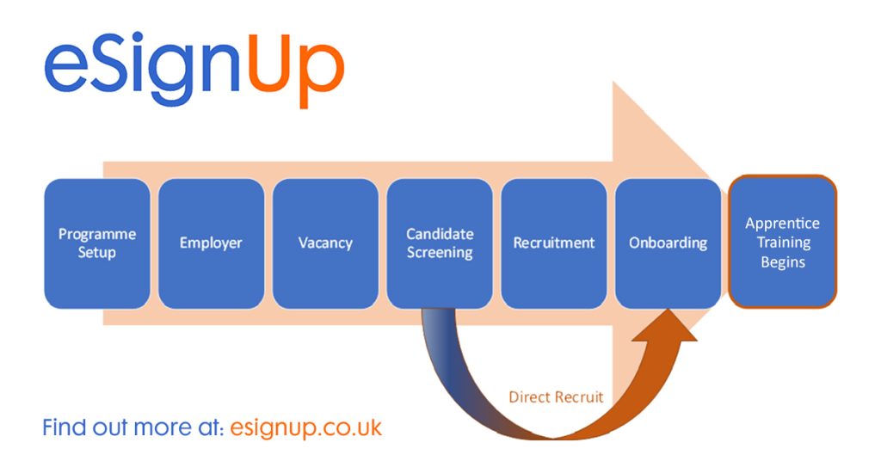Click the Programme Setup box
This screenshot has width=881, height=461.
pos(96,243)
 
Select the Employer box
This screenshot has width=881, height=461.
pos(211,243)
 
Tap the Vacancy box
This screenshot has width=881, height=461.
pos(325,243)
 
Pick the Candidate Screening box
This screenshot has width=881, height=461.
pos(440,243)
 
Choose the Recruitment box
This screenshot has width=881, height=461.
pos(554,243)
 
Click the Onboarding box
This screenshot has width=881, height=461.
pos(668,243)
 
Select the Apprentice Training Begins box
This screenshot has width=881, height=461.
pos(782,242)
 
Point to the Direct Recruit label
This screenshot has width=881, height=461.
pos(556,397)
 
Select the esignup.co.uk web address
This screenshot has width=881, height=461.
pos(305,427)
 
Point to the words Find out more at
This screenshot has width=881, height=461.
pos(133,427)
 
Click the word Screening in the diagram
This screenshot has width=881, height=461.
pos(440,253)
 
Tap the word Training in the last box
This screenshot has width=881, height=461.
pos(782,243)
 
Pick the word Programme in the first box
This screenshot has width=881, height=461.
pos(96,234)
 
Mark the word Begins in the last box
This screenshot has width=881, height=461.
pos(782,261)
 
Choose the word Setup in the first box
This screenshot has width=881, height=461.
pos(96,253)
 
